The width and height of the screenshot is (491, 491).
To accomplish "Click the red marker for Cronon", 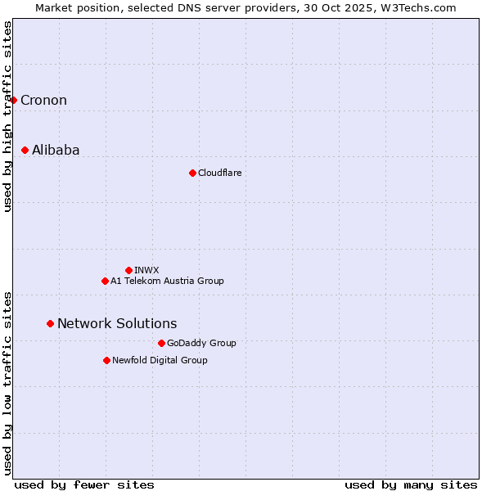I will pyautogui.click(x=13, y=100).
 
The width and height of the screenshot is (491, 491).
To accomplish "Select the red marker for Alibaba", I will pyautogui.click(x=25, y=150).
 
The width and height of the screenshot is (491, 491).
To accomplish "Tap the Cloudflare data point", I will pyautogui.click(x=192, y=173).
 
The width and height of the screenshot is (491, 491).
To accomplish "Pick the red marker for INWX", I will pyautogui.click(x=128, y=270).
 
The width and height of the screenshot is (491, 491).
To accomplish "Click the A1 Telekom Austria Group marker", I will pyautogui.click(x=105, y=281).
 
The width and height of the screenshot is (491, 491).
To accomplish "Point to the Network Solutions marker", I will pyautogui.click(x=50, y=323).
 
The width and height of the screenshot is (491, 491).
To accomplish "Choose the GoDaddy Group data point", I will pyautogui.click(x=161, y=343).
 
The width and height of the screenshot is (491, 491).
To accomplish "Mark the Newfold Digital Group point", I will pyautogui.click(x=106, y=360).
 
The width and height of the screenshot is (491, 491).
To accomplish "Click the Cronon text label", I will pyautogui.click(x=43, y=101).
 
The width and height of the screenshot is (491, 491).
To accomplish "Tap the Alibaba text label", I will pyautogui.click(x=56, y=151).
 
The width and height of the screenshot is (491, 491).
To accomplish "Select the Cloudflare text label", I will pyautogui.click(x=219, y=173).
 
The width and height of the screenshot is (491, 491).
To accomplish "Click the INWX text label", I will pyautogui.click(x=146, y=271).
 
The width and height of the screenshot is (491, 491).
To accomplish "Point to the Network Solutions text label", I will pyautogui.click(x=117, y=324).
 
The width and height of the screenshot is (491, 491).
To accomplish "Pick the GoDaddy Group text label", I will pyautogui.click(x=201, y=344).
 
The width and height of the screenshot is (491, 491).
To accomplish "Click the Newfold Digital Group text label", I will pyautogui.click(x=160, y=361).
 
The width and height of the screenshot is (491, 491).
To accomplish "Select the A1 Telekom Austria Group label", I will pyautogui.click(x=167, y=282).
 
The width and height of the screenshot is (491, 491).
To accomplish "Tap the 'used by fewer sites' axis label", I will pyautogui.click(x=84, y=484).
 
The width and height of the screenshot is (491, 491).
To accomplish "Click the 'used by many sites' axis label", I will pyautogui.click(x=411, y=484).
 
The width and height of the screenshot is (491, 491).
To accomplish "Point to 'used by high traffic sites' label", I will pyautogui.click(x=7, y=116).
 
